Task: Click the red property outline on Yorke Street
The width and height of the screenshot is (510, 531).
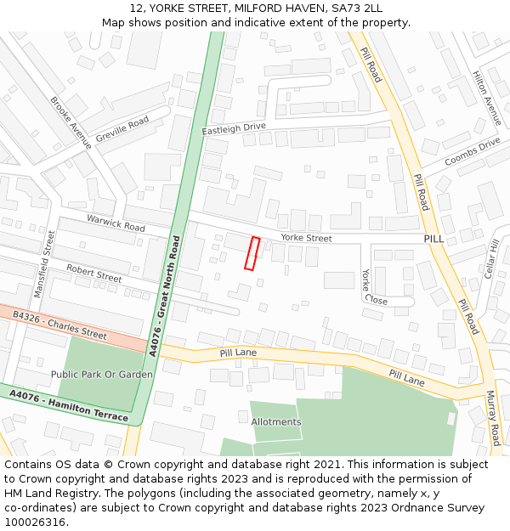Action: [252, 254]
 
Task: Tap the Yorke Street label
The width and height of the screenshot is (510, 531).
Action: [306, 239]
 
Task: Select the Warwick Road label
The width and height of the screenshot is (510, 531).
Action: [116, 223]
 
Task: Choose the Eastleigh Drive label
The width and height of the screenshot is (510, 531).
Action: [234, 128]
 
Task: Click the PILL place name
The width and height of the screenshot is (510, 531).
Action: [434, 240]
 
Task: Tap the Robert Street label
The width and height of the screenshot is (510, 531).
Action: [94, 273]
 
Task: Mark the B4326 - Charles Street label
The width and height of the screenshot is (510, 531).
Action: [59, 325]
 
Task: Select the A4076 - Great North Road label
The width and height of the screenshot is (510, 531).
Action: [165, 295]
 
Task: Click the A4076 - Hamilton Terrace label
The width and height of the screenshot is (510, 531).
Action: [69, 406]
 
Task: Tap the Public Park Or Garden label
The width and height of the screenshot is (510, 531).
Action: [102, 375]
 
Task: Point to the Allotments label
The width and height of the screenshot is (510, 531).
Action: [275, 422]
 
